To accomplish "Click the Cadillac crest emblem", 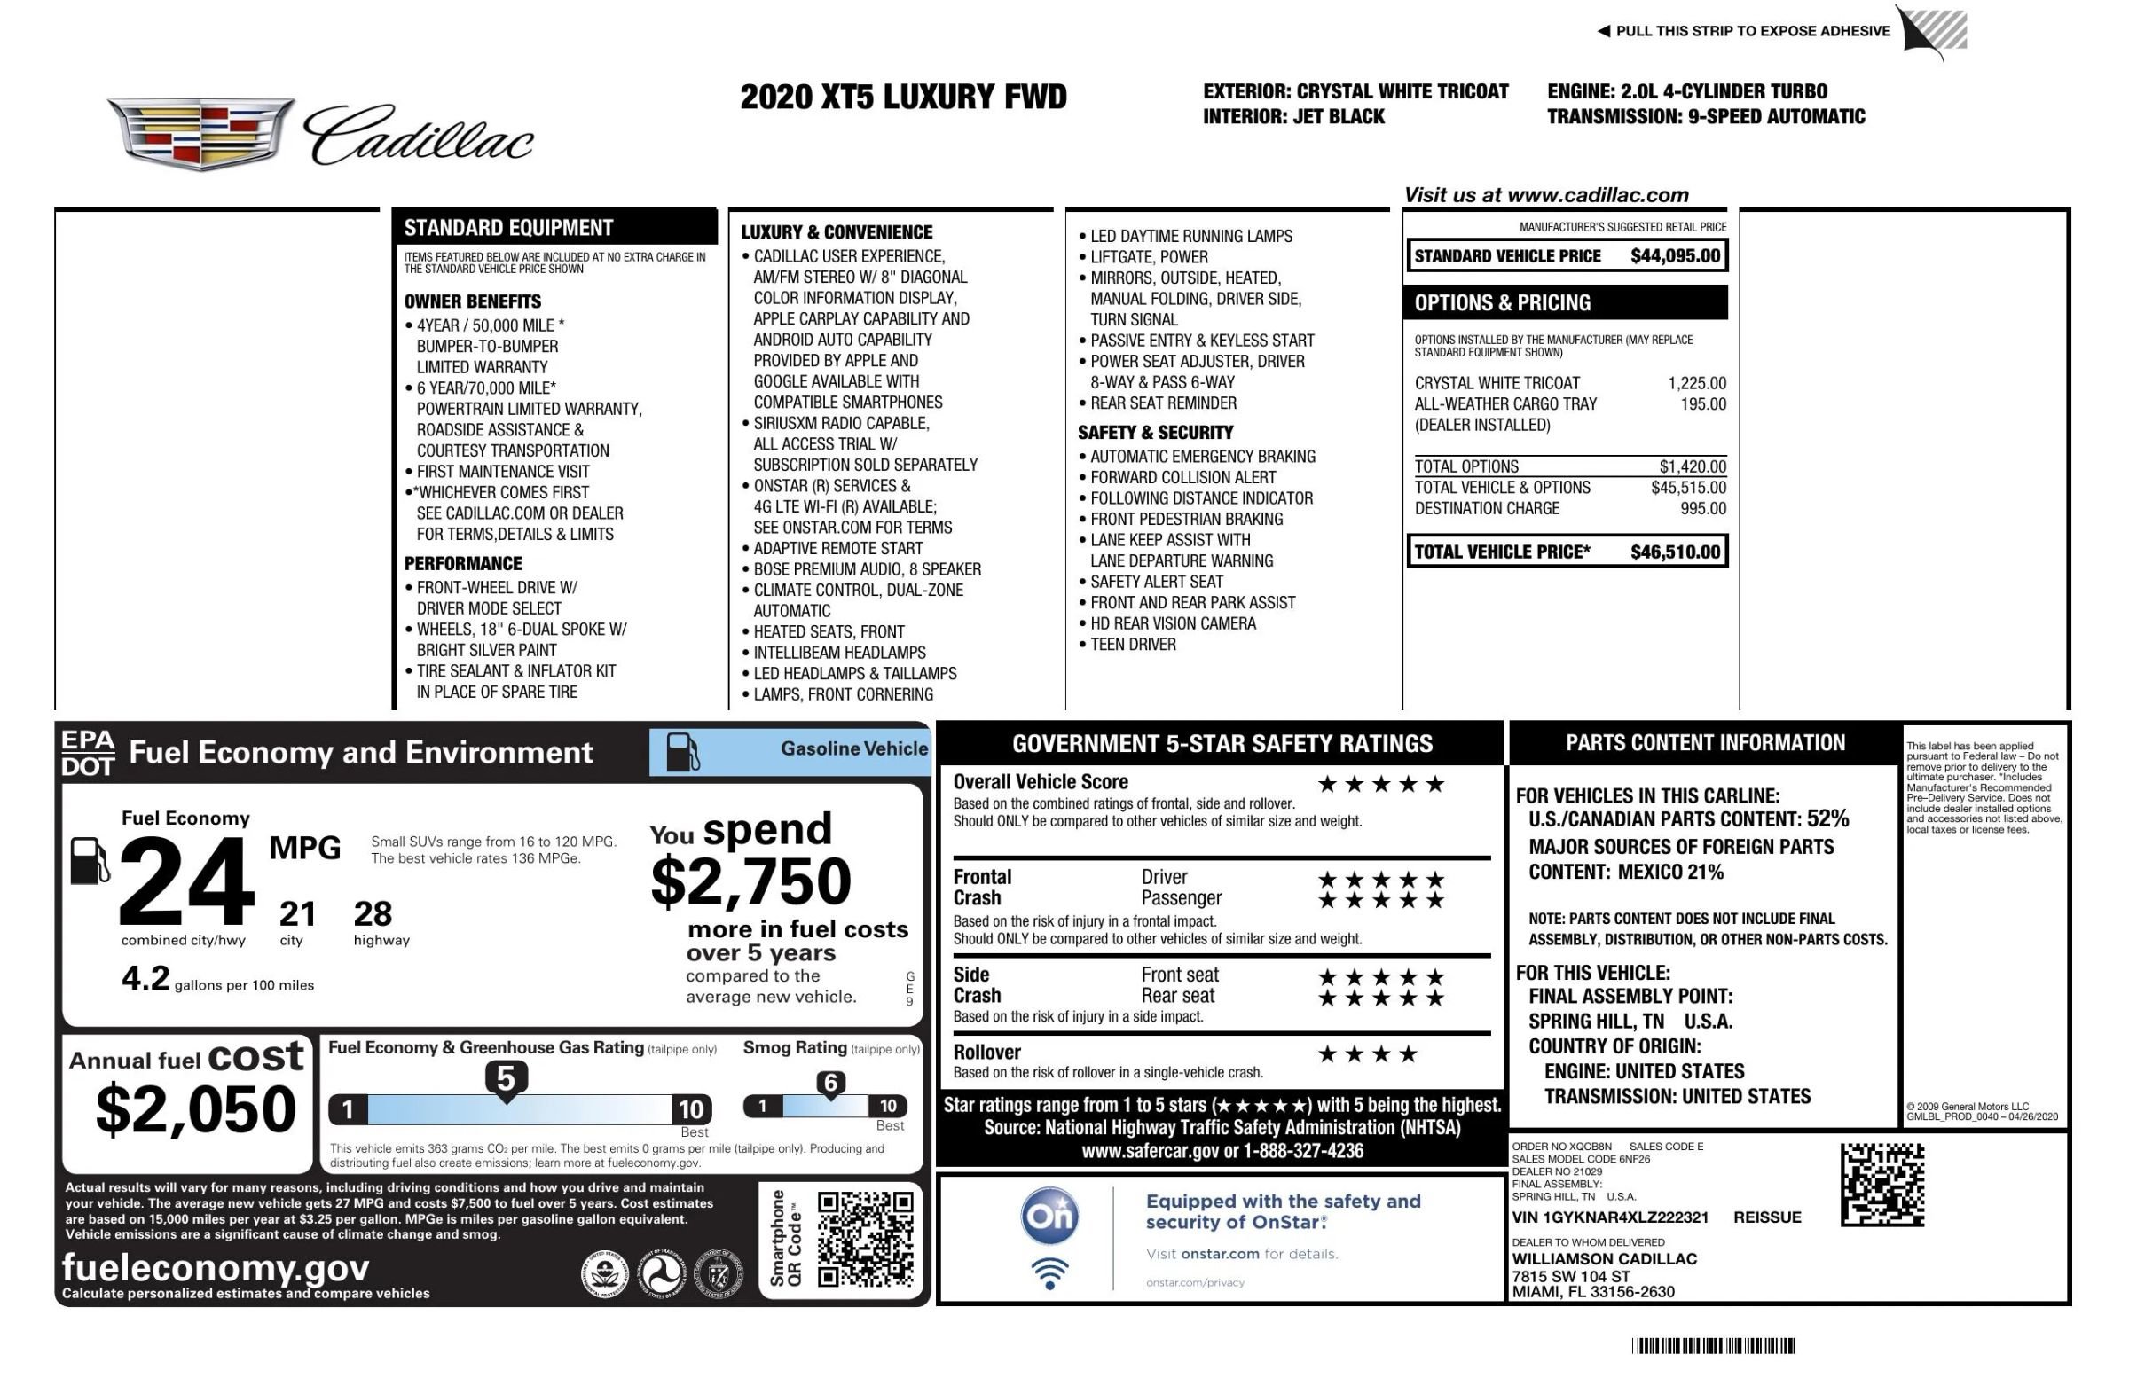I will (x=200, y=134).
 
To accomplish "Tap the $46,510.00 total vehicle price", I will (x=1674, y=552).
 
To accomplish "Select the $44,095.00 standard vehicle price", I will (x=1674, y=255).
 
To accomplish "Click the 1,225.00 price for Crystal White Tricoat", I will (x=1696, y=383).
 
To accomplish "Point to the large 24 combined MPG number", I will (x=186, y=881).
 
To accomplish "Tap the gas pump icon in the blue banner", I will (x=682, y=752).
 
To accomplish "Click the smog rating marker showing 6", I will (x=830, y=1084).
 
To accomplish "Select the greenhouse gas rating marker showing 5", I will (x=506, y=1079).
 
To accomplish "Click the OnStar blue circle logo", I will (x=1049, y=1215).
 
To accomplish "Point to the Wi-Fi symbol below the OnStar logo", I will (x=1049, y=1272).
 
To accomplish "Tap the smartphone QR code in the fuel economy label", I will (x=865, y=1239).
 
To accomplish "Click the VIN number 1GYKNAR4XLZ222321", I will (x=1609, y=1217).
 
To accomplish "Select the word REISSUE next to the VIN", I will (x=1767, y=1217).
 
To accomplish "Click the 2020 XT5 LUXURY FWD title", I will (x=903, y=97).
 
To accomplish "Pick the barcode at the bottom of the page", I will (x=1712, y=1346).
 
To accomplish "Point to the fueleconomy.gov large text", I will (x=215, y=1267).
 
